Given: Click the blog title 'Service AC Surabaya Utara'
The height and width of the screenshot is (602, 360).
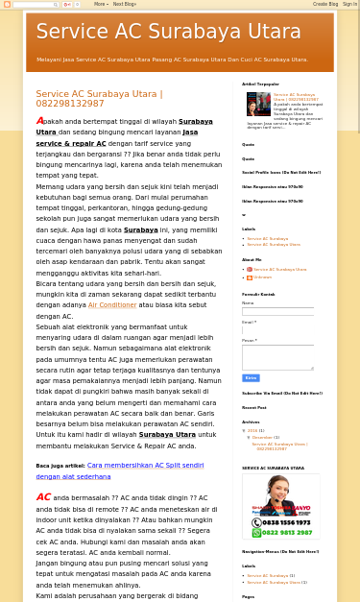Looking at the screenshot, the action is (168, 33).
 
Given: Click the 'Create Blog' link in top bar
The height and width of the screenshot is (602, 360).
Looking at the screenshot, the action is (324, 4).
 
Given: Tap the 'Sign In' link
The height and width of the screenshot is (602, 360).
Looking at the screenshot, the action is (349, 4).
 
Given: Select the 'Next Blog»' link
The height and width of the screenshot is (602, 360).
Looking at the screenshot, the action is (124, 4).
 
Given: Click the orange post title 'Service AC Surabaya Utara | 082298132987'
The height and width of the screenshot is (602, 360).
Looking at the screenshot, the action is (99, 99).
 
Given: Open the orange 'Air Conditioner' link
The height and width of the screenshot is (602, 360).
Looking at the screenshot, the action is (112, 305).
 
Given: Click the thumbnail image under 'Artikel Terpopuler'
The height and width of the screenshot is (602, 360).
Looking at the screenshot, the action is (258, 104).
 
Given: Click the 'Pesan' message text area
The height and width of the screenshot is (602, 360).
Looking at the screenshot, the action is (277, 357).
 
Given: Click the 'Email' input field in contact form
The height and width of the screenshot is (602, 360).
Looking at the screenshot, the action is (277, 329).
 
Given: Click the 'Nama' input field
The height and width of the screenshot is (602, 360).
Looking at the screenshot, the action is (277, 311).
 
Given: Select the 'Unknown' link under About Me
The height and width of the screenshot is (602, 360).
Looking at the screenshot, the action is (263, 277).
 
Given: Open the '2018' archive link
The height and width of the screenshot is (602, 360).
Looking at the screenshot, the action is (252, 430).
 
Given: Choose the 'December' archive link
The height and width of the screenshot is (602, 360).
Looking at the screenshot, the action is (262, 438).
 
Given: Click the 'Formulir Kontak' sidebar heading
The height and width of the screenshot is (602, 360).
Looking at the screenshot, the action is (258, 295).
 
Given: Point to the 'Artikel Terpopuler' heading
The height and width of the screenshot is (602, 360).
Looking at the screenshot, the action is (260, 84).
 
